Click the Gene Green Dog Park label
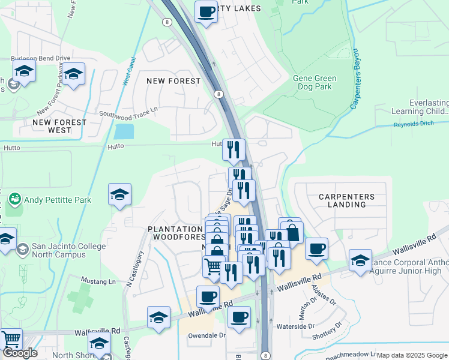pos(315,82)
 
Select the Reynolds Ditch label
pos(413,125)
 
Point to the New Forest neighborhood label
pos(174,81)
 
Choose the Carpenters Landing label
pos(347,200)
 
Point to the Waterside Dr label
pos(294,326)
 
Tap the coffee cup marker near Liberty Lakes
pos(206,11)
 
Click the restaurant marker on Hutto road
pos(233,149)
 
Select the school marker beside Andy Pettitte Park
pos(119,194)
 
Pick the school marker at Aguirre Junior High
pos(360,260)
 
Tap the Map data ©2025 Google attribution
pos(412,355)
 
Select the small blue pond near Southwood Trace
pos(124,131)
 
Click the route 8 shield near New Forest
pos(218,94)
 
